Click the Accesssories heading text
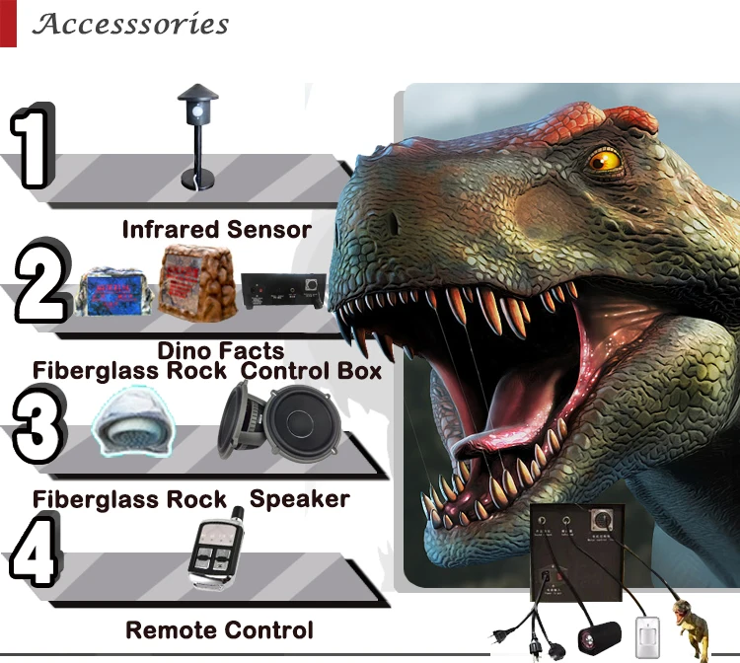point(130,24)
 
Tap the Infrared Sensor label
point(216,230)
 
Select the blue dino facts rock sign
point(113,291)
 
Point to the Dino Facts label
point(220,350)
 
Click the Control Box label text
point(311,371)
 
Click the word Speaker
point(299,498)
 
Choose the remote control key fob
point(215,553)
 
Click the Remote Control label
point(219,629)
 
